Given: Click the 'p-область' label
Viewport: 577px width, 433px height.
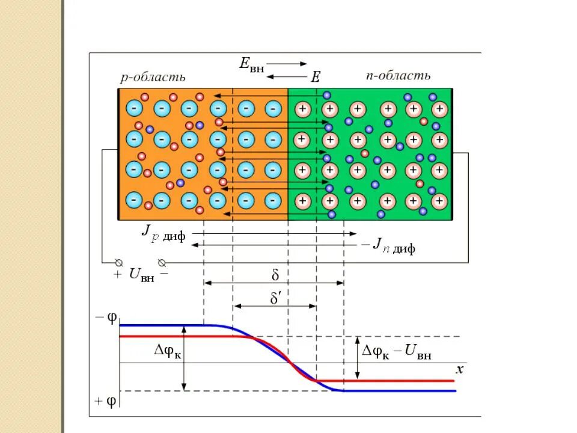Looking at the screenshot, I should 153,77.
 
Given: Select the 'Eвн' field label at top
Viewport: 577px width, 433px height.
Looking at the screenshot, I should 251,64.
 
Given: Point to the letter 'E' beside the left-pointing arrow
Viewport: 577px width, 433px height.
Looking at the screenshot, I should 316,76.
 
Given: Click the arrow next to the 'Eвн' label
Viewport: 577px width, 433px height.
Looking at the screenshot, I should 286,63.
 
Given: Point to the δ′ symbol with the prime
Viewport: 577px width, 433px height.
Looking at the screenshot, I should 276,298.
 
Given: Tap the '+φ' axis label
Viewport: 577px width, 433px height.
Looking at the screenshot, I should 106,399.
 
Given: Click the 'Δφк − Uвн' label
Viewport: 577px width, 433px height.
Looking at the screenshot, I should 397,354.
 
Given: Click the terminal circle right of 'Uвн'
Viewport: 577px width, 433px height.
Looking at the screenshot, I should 161,263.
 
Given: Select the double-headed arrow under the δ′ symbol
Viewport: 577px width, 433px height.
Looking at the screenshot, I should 275,306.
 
